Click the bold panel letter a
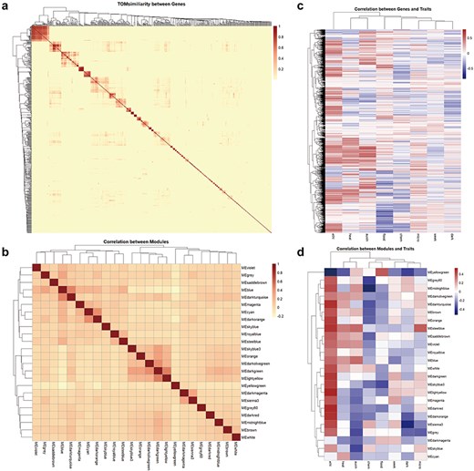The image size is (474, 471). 5,5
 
